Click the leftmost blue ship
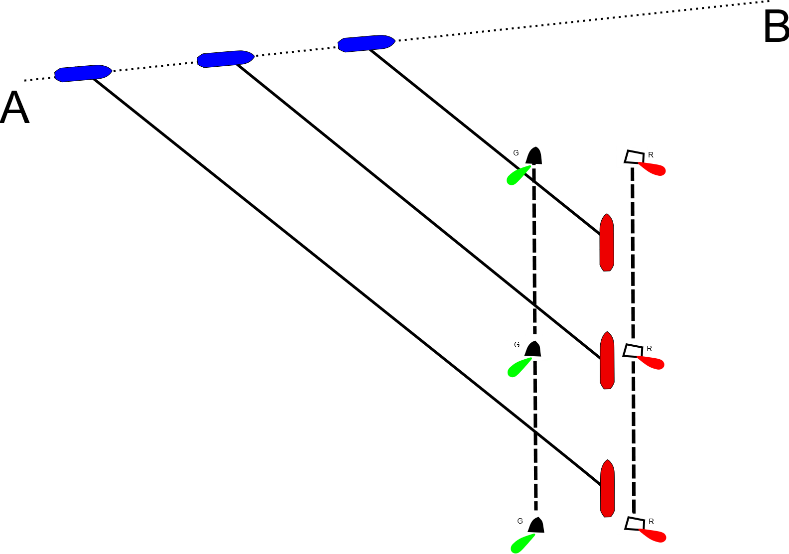(x=83, y=73)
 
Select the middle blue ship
(x=225, y=59)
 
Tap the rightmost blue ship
(x=366, y=43)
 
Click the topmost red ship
(x=606, y=243)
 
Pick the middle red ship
(x=607, y=360)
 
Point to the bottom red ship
(x=607, y=488)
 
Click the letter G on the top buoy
(x=516, y=153)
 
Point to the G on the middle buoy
(x=517, y=345)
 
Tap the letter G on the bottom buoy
(x=520, y=521)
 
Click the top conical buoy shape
(x=534, y=153)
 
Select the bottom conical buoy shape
(x=536, y=525)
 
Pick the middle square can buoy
(x=633, y=351)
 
